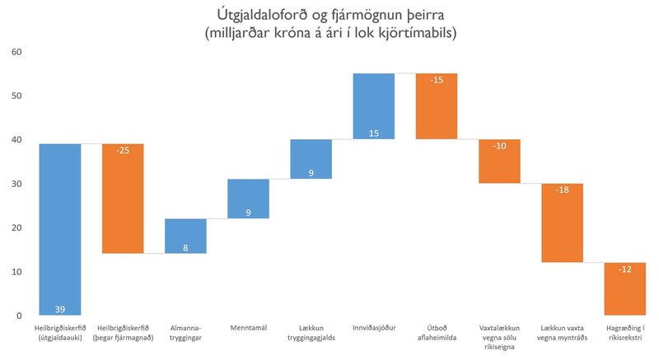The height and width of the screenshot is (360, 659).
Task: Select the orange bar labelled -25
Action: (x=123, y=198)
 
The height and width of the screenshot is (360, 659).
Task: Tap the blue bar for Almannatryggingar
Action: (x=185, y=236)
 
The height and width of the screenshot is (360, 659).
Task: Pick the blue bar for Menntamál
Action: (x=248, y=199)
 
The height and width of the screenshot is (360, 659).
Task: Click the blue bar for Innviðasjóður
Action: (x=373, y=105)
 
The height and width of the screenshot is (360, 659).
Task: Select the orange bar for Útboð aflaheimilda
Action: (x=437, y=105)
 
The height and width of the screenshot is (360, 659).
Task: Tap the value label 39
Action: (x=60, y=309)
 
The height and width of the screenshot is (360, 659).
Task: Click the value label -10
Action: (x=499, y=147)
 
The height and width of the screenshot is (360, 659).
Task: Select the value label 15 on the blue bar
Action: (x=373, y=132)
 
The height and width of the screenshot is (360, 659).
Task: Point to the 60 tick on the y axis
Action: (x=16, y=52)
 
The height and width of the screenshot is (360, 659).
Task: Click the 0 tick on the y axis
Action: (x=18, y=316)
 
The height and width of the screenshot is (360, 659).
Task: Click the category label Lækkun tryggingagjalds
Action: (x=311, y=333)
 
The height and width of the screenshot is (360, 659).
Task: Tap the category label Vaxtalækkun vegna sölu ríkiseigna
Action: (x=499, y=337)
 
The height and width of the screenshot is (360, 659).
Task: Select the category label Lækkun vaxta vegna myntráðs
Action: (x=562, y=333)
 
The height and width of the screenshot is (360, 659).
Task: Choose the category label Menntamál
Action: (x=248, y=328)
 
